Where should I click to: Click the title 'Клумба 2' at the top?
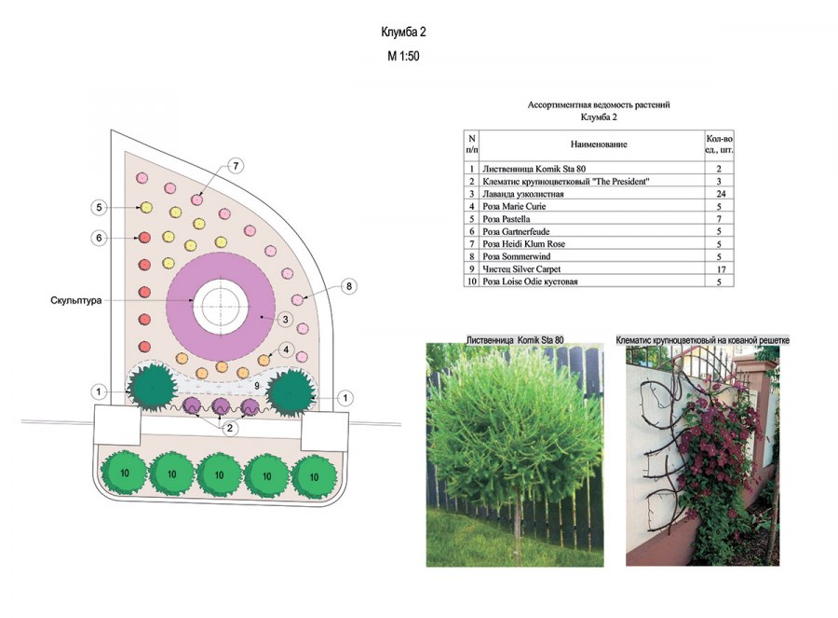click(x=403, y=33)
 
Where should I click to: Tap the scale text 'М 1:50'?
click(x=403, y=56)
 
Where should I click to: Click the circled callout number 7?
click(x=237, y=166)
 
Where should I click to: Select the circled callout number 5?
click(x=100, y=206)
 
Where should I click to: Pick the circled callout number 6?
click(x=100, y=239)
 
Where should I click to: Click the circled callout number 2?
click(x=229, y=428)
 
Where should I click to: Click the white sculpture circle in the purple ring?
click(x=221, y=301)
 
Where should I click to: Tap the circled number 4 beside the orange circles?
click(x=288, y=350)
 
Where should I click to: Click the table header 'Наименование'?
click(x=599, y=144)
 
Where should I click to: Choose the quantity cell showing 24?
click(x=720, y=193)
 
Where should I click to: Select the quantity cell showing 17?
click(x=720, y=268)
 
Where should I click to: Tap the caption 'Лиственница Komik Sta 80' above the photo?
click(x=515, y=342)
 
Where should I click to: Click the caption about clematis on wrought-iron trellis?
click(x=702, y=342)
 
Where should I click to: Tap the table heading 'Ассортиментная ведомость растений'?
click(x=599, y=105)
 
